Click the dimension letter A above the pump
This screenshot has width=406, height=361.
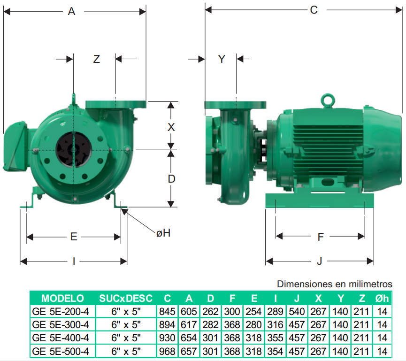[x=71, y=11]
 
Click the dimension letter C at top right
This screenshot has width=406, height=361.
[x=314, y=10]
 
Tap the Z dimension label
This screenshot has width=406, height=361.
[x=97, y=59]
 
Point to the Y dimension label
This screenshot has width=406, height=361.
[x=222, y=59]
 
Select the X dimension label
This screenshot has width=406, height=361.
[x=171, y=127]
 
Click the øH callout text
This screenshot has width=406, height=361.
[x=163, y=233]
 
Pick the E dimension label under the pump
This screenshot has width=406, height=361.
[x=74, y=237]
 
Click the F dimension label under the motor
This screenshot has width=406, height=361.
[x=321, y=237]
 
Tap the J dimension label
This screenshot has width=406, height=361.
[x=320, y=261]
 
